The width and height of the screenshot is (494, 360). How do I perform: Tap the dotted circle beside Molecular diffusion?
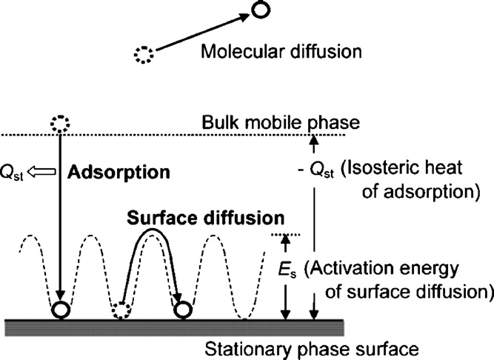tap(143, 53)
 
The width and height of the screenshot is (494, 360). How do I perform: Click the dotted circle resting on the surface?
tap(124, 308)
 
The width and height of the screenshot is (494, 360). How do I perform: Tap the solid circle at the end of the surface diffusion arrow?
tap(181, 307)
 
